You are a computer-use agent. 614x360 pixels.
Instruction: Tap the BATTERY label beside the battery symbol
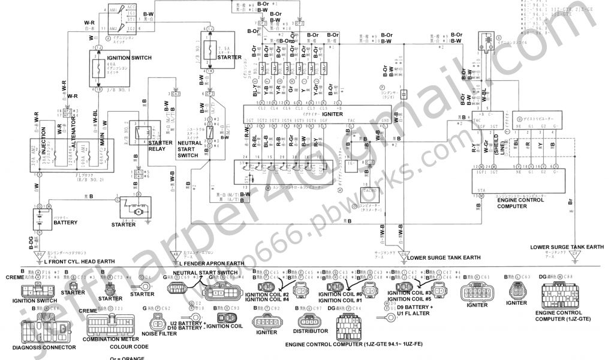(x=65, y=223)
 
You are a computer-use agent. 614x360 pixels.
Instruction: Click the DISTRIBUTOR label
(x=311, y=331)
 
